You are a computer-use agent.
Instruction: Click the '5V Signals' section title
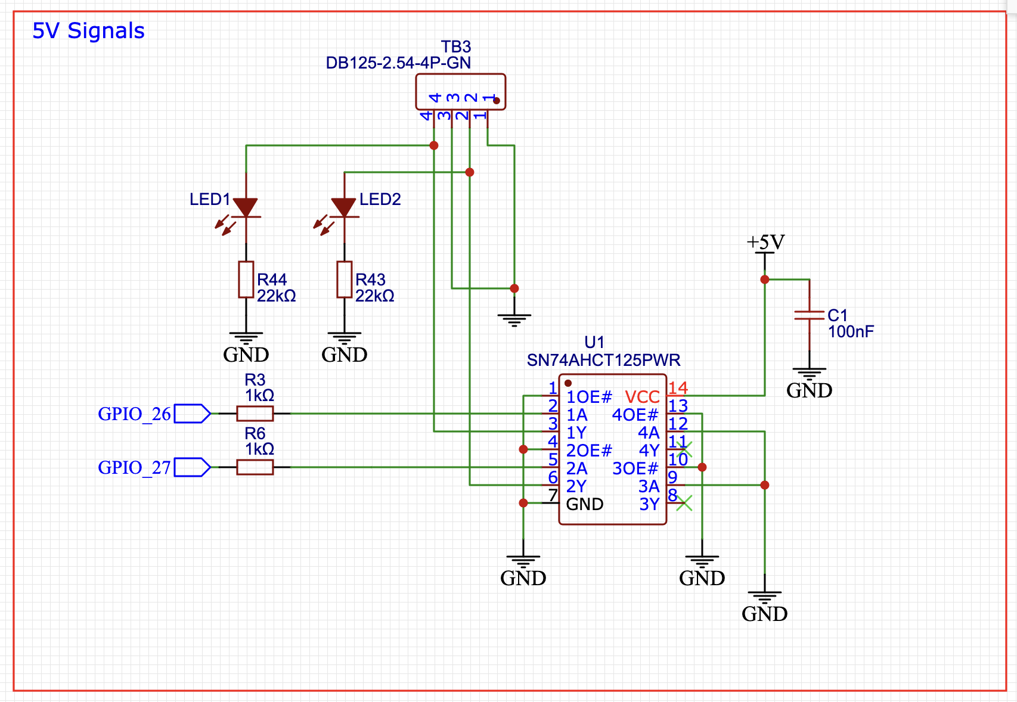(x=88, y=31)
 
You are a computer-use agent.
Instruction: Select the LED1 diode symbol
(x=246, y=208)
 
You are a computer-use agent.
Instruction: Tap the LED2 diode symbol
(x=344, y=208)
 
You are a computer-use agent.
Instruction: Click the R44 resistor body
(x=246, y=279)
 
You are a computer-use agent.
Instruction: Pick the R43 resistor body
(x=345, y=279)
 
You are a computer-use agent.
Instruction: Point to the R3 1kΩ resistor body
(x=255, y=414)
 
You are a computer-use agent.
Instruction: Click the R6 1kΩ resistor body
(x=255, y=467)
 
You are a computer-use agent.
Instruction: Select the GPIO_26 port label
(x=134, y=414)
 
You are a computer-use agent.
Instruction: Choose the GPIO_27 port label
(x=134, y=467)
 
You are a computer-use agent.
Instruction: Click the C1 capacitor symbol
(x=809, y=315)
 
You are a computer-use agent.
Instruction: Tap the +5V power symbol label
(x=765, y=243)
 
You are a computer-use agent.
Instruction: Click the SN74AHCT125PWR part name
(x=603, y=361)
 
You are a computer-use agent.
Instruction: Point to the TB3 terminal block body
(x=460, y=92)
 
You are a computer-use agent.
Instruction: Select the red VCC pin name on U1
(x=642, y=397)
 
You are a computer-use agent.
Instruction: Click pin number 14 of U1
(x=678, y=389)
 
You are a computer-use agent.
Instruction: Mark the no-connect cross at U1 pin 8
(x=684, y=503)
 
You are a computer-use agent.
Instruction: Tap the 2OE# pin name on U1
(x=589, y=451)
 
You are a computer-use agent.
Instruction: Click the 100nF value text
(x=851, y=332)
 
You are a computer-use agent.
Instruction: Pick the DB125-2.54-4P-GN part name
(x=398, y=63)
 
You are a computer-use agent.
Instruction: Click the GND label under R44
(x=246, y=355)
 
